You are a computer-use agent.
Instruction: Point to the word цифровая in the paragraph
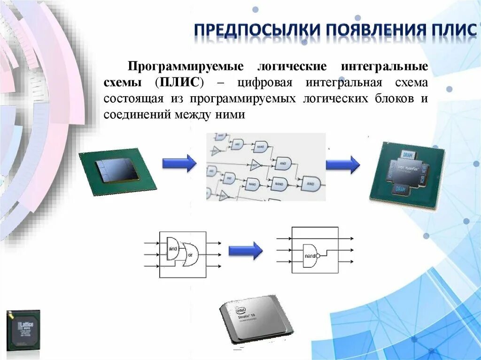[265, 83]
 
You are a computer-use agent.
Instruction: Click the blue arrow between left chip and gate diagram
[179, 163]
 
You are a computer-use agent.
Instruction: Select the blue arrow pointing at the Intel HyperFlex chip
[342, 164]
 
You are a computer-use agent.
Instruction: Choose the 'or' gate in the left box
[191, 254]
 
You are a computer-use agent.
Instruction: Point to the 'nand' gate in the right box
[310, 256]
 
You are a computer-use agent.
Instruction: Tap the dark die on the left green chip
[117, 169]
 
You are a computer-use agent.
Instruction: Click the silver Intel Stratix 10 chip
[256, 319]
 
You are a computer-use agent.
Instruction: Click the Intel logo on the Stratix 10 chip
[241, 310]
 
